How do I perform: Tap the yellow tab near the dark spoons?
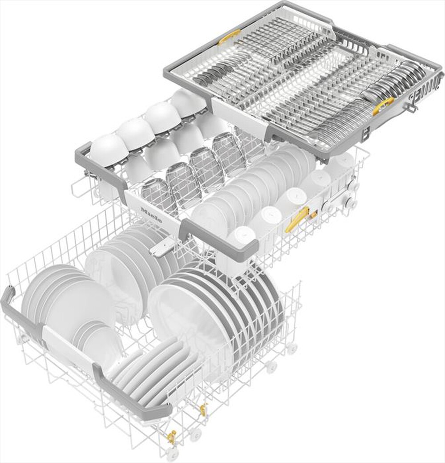[229, 37]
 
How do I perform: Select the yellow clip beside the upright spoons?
[382, 106]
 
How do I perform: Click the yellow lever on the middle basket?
[297, 219]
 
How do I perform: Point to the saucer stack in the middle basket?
[249, 187]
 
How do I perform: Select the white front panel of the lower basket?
[67, 347]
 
